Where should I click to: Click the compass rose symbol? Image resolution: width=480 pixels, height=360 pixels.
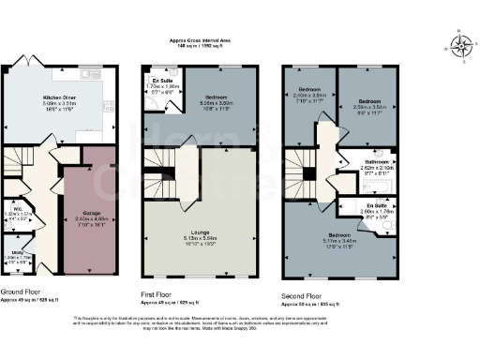458,44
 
